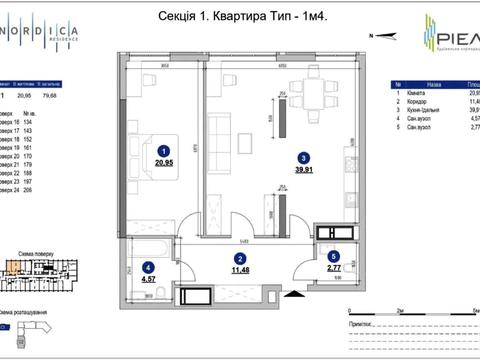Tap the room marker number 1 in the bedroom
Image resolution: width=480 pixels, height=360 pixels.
161,152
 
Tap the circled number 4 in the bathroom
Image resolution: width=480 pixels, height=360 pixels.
149,266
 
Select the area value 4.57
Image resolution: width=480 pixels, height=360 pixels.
149,279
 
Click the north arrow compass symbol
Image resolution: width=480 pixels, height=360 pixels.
382,36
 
